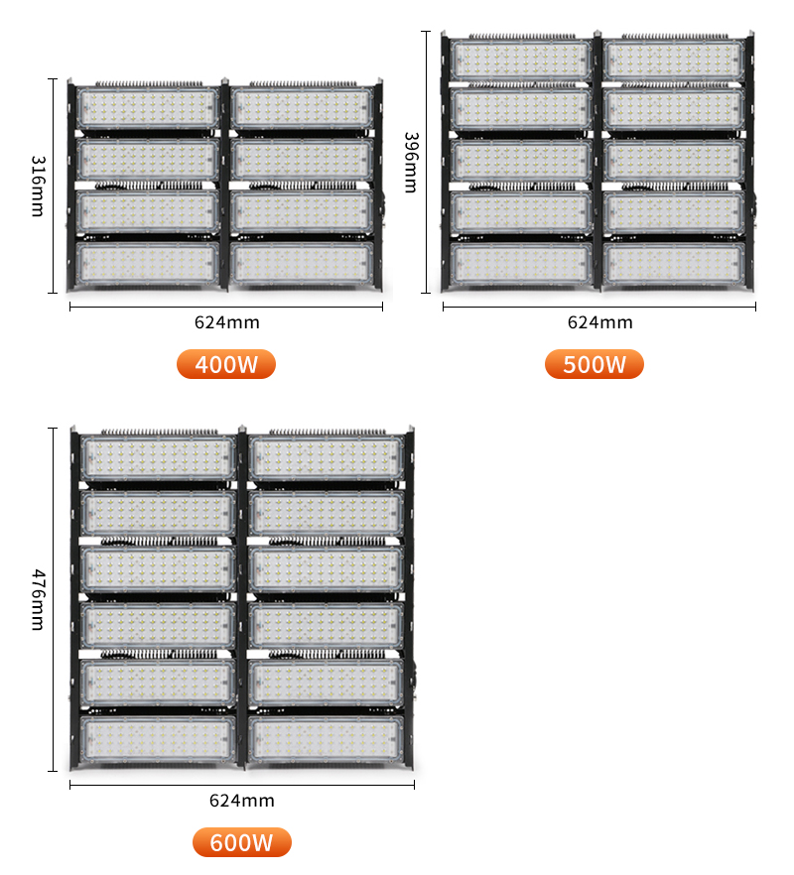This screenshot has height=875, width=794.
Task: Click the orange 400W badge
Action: click(x=226, y=364)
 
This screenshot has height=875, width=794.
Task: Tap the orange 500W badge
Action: click(x=595, y=364)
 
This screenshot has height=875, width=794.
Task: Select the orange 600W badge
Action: click(x=242, y=842)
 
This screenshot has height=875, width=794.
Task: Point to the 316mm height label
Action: click(x=38, y=186)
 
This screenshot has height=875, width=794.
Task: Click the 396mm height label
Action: click(x=412, y=163)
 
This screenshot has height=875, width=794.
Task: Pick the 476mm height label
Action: click(x=38, y=600)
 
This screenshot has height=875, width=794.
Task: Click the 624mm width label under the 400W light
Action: click(x=226, y=322)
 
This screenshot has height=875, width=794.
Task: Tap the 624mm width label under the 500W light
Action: click(x=599, y=322)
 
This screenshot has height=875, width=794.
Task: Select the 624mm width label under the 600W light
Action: click(x=242, y=801)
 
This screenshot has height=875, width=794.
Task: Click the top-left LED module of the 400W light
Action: click(x=148, y=108)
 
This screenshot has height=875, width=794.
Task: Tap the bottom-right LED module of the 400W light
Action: click(x=302, y=263)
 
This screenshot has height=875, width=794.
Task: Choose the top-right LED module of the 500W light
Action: click(x=674, y=60)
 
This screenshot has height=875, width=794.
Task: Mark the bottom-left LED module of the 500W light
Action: click(x=521, y=263)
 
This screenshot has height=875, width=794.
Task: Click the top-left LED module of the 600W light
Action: click(x=158, y=457)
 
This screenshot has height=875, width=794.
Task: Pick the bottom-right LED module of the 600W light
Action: click(x=326, y=739)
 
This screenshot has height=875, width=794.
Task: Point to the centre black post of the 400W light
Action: click(x=225, y=186)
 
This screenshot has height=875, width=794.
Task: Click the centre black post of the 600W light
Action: click(x=242, y=597)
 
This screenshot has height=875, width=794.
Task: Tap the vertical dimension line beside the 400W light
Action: click(x=53, y=186)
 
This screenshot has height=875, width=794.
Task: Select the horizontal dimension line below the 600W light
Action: click(x=242, y=785)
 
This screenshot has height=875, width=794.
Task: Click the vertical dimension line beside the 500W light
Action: click(x=426, y=162)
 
